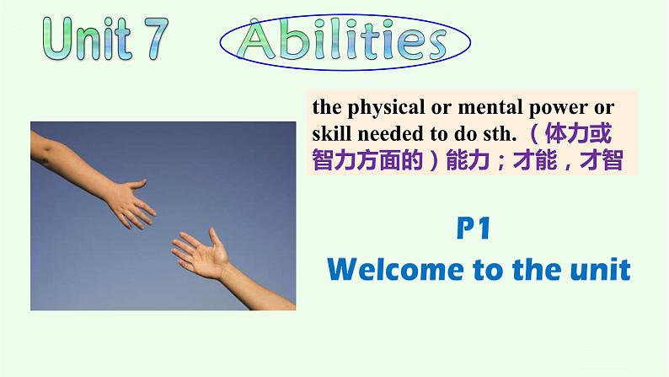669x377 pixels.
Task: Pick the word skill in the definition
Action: pos(330,135)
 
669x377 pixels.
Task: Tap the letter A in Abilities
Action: pos(260,40)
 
